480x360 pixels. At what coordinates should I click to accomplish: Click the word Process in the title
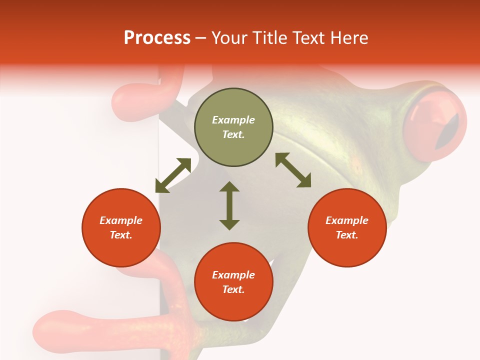157,38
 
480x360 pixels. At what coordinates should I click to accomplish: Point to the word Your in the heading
229,38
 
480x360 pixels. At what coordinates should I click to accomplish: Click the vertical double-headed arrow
229,205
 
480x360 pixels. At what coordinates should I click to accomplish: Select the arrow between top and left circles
173,175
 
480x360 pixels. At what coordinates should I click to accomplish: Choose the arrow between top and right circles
293,170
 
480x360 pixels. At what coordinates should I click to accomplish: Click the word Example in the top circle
233,120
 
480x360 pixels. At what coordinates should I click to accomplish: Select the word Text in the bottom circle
233,289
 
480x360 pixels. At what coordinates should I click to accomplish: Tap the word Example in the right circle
347,220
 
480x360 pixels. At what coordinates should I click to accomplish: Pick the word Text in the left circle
121,235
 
